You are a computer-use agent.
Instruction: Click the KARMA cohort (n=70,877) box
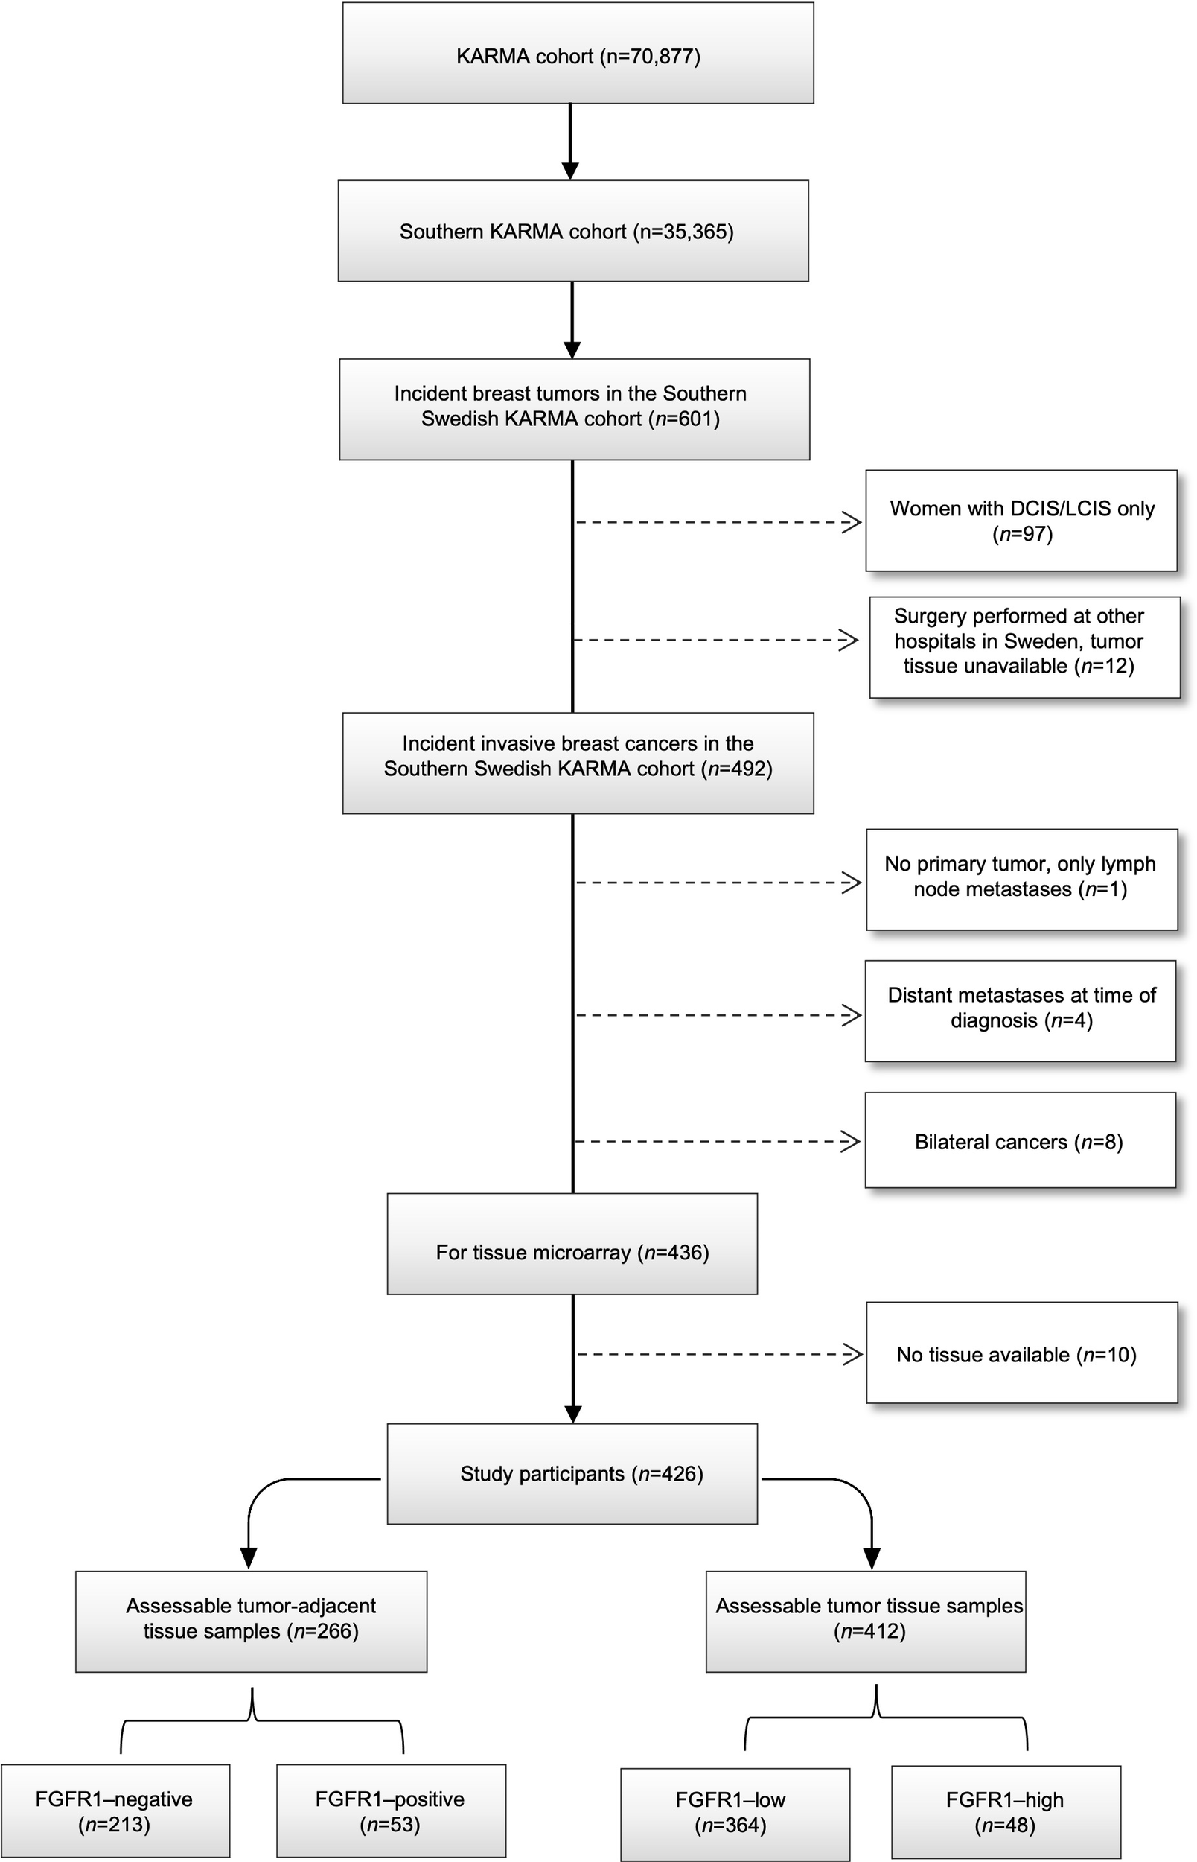point(578,53)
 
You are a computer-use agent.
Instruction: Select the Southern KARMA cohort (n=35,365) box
point(573,231)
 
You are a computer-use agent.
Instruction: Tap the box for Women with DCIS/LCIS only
point(1021,521)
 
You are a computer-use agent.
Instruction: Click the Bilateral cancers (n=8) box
point(1020,1141)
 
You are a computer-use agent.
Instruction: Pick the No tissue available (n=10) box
point(1021,1354)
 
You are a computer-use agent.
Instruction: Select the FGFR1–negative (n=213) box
point(115,1811)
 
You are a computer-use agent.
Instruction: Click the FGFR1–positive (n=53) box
point(390,1811)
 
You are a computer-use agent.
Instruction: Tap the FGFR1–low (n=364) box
point(735,1812)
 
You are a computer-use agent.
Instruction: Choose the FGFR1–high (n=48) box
point(1006,1812)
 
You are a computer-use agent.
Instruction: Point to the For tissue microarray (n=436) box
point(572,1253)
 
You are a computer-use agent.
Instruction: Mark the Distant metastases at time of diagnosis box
point(1021,1008)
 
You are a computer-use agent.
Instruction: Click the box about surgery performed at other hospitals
point(1024,641)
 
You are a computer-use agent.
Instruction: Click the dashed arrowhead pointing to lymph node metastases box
point(852,883)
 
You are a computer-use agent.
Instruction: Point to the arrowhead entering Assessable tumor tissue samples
point(872,1558)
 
